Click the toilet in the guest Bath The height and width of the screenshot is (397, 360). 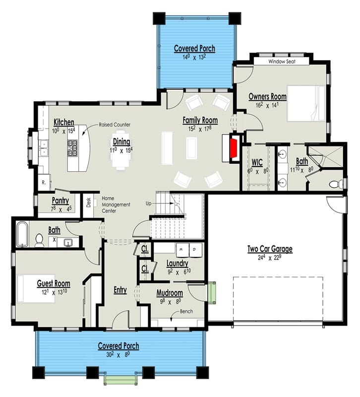click(39, 240)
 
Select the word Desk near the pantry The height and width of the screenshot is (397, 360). click(88, 202)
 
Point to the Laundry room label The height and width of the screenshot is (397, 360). click(177, 263)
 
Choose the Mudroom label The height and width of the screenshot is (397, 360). click(170, 293)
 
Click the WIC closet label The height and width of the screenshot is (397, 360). click(257, 162)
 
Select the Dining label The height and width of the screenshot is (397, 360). click(121, 141)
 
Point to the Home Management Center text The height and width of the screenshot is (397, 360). click(116, 204)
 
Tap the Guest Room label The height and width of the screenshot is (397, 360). click(54, 283)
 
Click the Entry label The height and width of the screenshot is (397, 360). click(120, 290)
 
